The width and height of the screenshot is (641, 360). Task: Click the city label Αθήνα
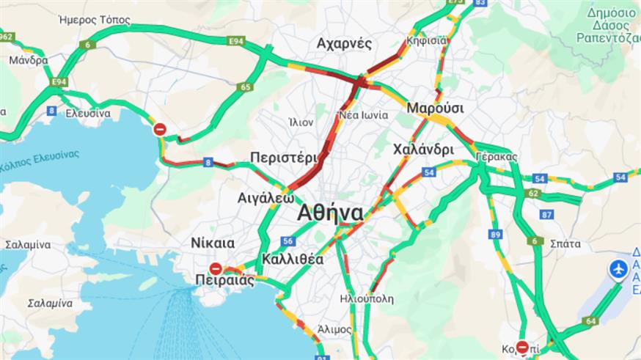(330, 213)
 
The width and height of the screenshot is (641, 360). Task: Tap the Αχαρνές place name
(344, 44)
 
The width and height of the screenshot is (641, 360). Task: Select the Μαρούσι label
(436, 108)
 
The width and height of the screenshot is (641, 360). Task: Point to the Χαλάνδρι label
(423, 150)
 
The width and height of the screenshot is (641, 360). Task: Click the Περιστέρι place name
(283, 157)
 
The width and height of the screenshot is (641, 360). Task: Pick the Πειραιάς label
(225, 280)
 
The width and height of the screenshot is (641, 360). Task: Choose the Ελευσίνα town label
(88, 114)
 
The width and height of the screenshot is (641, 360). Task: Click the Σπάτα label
(565, 244)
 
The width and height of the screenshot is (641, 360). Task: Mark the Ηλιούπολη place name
(367, 299)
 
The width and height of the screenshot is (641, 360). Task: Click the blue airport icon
(619, 270)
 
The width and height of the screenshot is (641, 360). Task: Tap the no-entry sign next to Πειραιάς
(215, 268)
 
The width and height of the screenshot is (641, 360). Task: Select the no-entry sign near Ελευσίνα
(160, 130)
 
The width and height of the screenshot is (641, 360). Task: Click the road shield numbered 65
(245, 87)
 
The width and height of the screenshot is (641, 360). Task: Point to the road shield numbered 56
(287, 241)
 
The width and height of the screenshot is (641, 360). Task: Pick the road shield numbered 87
(546, 214)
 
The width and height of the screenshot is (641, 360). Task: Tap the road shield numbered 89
(496, 235)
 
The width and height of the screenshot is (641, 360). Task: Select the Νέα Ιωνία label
(358, 115)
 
